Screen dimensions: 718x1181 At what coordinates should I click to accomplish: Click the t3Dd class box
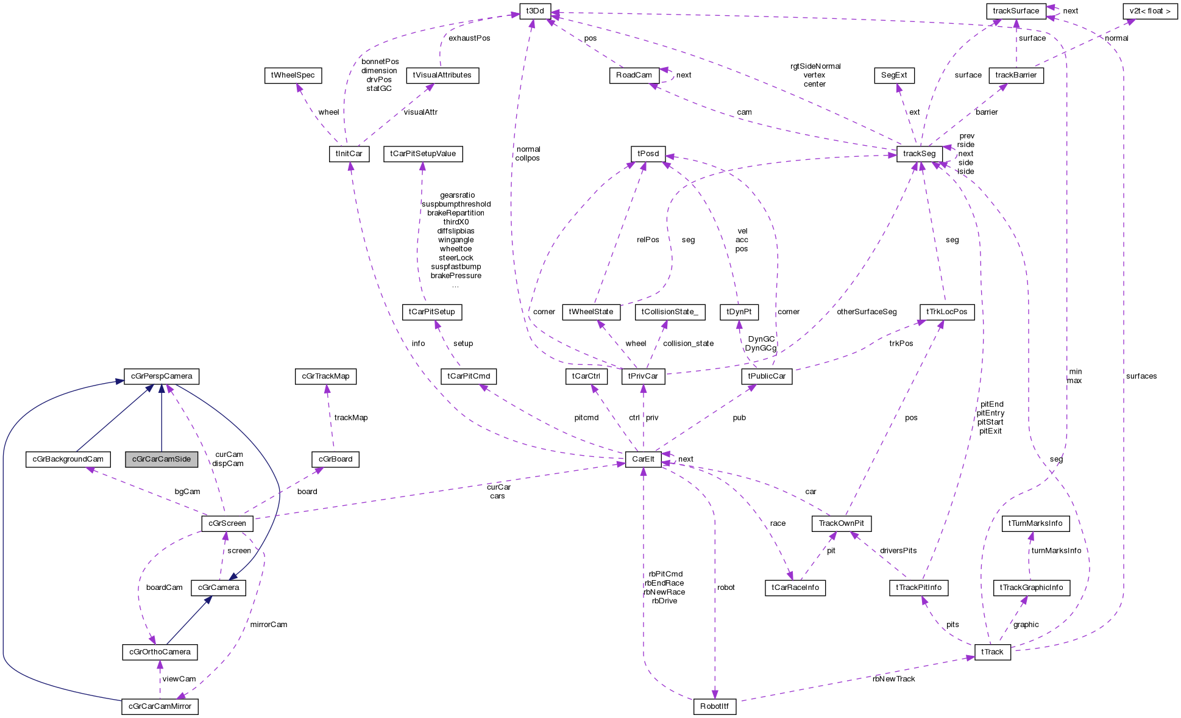534,11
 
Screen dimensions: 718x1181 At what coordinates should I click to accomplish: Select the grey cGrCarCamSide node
161,459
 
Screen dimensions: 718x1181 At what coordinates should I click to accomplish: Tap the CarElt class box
643,459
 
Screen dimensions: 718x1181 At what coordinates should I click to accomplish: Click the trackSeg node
919,154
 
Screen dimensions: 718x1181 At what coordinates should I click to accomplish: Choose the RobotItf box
714,706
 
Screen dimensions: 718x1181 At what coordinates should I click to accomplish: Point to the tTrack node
992,652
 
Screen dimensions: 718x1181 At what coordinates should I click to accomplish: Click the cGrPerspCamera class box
161,376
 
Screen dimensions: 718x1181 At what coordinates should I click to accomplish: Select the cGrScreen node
227,523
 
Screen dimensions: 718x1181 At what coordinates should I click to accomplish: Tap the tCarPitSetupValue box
423,154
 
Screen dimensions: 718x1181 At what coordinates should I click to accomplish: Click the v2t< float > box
1149,11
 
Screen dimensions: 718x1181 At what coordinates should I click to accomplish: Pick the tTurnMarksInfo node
1035,523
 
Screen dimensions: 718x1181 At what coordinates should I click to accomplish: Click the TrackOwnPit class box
841,523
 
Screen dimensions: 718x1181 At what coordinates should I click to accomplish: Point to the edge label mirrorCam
268,625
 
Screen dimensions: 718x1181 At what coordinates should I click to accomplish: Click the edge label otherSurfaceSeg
867,312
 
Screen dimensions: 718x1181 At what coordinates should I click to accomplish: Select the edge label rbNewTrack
893,679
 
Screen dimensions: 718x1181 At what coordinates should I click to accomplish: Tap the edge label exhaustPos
469,38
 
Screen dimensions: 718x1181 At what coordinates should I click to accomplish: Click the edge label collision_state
688,343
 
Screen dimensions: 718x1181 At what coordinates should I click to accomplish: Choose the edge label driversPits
898,551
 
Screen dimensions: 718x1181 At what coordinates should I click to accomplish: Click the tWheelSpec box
293,75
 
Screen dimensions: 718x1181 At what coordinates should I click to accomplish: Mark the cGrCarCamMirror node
160,706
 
